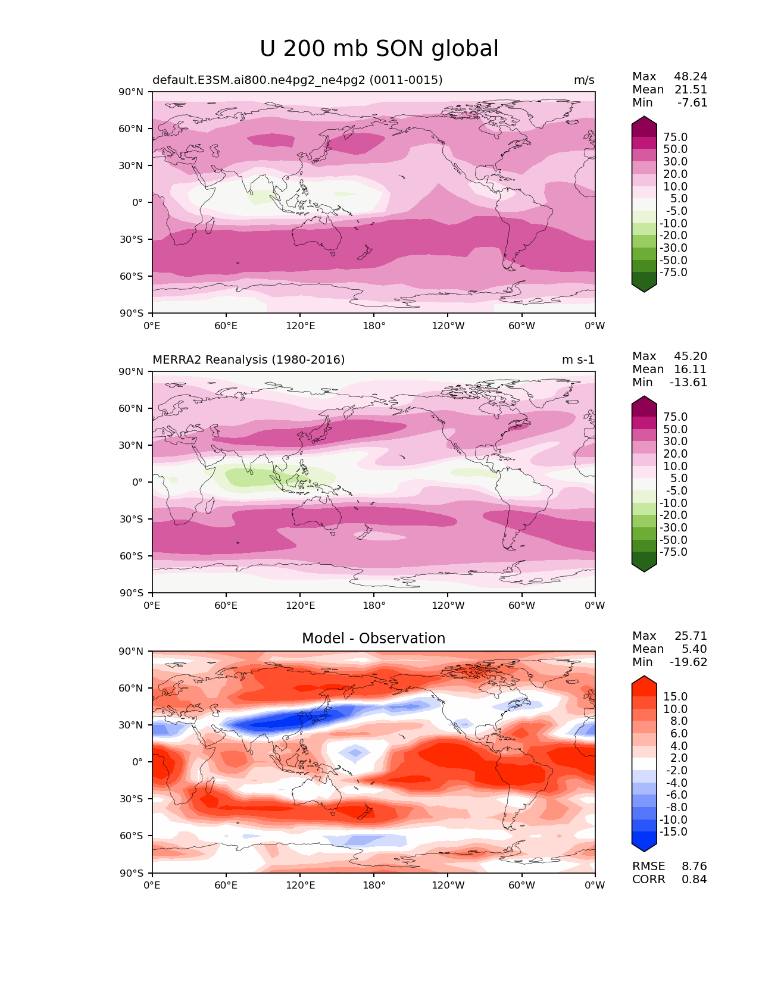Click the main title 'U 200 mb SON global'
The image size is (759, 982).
click(x=379, y=49)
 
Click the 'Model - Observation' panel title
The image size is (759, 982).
click(x=373, y=639)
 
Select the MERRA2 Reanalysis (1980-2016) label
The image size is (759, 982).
click(x=248, y=360)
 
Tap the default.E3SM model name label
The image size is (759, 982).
click(x=297, y=80)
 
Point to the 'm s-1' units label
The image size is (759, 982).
click(x=578, y=360)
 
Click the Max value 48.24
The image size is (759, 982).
click(x=691, y=77)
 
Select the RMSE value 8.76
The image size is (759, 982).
click(x=694, y=867)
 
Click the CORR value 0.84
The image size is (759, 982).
click(x=694, y=880)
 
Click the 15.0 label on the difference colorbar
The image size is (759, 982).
click(x=675, y=697)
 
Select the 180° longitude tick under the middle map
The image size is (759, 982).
click(x=374, y=606)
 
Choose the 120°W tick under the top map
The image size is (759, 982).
click(x=448, y=326)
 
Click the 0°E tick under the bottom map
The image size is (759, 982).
click(x=152, y=886)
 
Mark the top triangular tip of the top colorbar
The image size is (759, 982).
click(x=644, y=118)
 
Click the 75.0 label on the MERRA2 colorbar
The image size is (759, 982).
click(x=675, y=417)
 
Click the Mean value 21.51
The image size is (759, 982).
click(x=691, y=90)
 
